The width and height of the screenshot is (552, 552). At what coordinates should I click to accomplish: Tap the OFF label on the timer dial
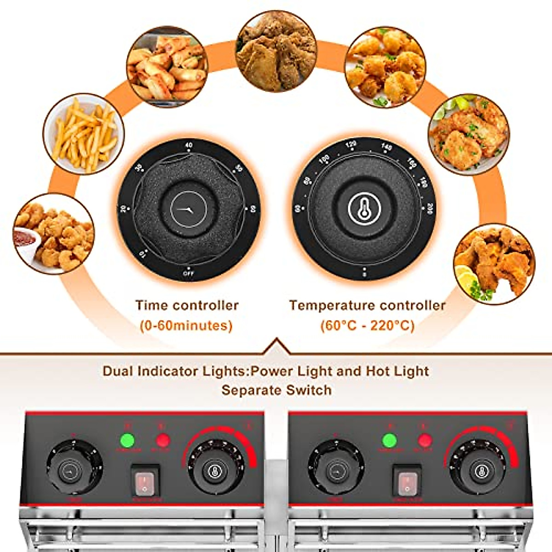[x=188, y=273]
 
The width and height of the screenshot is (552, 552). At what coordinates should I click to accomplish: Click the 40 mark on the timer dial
[x=189, y=145]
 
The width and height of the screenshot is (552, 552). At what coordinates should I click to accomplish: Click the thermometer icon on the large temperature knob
[x=364, y=209]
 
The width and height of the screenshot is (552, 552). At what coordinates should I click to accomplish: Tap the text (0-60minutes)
[x=186, y=326]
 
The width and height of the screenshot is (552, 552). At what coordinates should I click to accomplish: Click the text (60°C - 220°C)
[x=367, y=326]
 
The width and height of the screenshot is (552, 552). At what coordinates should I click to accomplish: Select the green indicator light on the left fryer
[x=127, y=440]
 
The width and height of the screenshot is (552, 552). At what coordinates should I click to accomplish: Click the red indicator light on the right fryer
[x=425, y=440]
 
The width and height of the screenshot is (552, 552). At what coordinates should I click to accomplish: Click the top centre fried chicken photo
[x=276, y=51]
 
